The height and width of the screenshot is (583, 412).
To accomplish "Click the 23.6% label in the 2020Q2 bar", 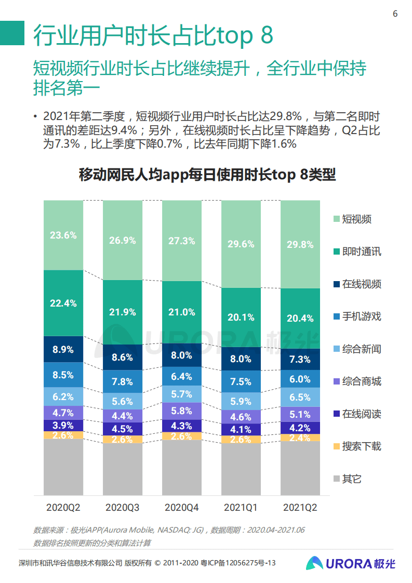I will click(63, 235).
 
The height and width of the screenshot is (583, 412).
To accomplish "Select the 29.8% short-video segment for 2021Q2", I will click(300, 245).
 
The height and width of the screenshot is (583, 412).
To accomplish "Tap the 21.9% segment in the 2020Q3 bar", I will click(123, 312).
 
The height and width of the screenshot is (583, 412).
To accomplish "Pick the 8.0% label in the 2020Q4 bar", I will click(182, 355).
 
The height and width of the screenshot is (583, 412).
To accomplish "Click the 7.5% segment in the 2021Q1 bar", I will click(241, 381).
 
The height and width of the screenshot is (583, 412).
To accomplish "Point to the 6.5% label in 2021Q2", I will click(300, 397).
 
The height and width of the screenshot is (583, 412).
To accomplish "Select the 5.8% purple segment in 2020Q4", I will click(182, 410).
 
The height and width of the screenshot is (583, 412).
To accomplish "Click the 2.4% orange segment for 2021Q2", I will click(300, 438).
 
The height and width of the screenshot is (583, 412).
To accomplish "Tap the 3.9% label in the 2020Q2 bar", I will click(63, 425).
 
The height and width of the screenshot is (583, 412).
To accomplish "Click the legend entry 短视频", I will click(356, 219).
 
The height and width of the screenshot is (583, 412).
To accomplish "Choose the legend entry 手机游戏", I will click(361, 316).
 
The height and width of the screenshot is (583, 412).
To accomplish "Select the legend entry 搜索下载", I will click(361, 446).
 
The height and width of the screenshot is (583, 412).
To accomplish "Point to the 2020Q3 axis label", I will click(123, 507).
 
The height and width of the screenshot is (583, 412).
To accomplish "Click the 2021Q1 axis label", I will click(241, 507).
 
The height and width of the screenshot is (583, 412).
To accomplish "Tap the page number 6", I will click(395, 14).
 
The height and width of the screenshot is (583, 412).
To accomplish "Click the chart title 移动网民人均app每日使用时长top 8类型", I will click(207, 175).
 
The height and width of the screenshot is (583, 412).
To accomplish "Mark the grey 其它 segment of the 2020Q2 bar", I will click(63, 467).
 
